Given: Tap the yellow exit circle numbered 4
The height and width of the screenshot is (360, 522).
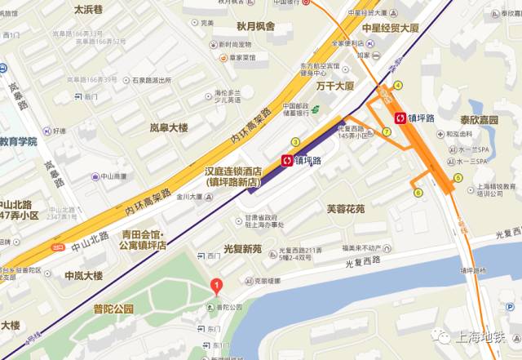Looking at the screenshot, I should point(398,85).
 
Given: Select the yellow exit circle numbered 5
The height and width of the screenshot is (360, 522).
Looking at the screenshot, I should point(458,177).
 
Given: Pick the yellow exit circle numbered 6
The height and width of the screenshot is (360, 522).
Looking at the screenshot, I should point(418,193).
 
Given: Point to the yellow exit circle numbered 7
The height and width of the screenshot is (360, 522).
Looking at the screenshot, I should point(387,132).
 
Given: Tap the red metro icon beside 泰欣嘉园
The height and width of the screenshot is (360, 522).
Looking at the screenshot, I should point(400,118).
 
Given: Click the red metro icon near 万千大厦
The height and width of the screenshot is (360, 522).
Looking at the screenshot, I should point(286,161).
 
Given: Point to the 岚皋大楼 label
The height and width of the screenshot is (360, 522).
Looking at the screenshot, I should point(169,127).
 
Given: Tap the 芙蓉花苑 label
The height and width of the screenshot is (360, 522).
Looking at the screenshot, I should point(346,209).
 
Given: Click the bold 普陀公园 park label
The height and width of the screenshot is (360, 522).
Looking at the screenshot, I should point(113,309).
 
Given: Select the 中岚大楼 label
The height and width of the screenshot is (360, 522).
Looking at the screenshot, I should point(84,275).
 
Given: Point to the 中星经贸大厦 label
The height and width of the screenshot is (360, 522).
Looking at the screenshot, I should point(390,26).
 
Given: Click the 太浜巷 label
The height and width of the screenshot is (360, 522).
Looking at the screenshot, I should point(88,10).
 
